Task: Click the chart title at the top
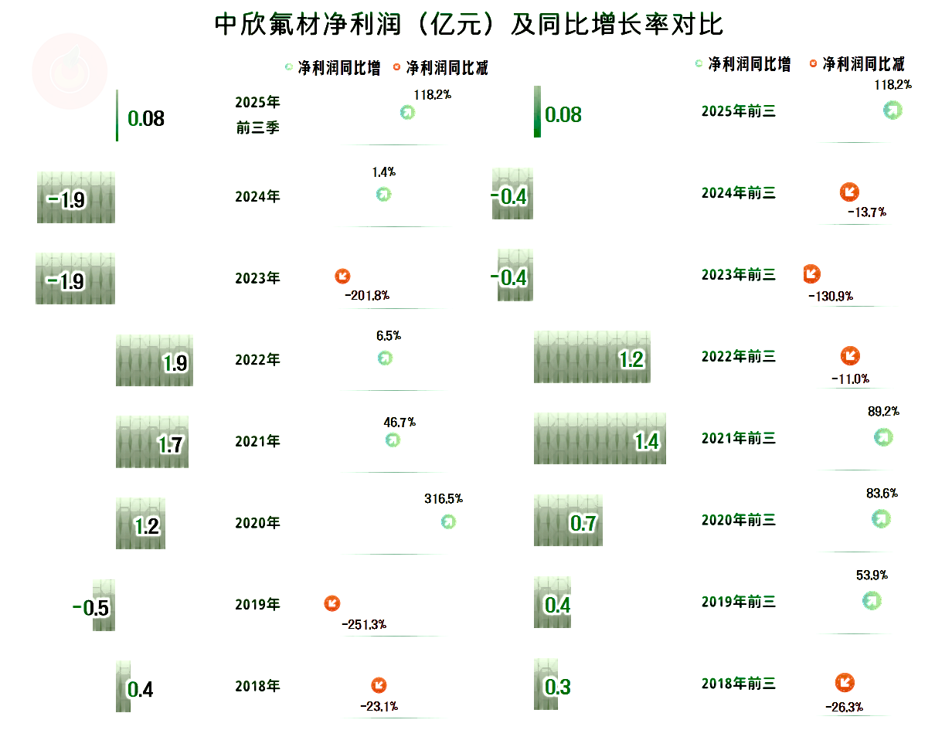click(x=468, y=25)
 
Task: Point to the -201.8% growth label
click(x=366, y=295)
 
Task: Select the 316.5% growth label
click(x=444, y=499)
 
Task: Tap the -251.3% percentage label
click(x=364, y=624)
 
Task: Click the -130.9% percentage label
click(x=831, y=297)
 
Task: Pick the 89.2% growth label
click(x=883, y=412)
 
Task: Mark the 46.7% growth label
click(x=399, y=423)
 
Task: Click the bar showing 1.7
click(x=152, y=441)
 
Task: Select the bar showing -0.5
click(x=104, y=605)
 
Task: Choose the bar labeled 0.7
click(x=568, y=521)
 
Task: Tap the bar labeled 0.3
click(x=546, y=684)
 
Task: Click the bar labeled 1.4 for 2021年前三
click(x=600, y=438)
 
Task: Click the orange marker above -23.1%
click(x=379, y=685)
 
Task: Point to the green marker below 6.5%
click(x=385, y=358)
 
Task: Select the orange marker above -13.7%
click(x=848, y=192)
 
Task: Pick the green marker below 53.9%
click(x=872, y=600)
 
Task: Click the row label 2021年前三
click(x=738, y=439)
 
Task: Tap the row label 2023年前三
click(x=738, y=275)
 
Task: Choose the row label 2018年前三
click(x=738, y=684)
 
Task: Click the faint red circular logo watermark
click(x=70, y=70)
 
